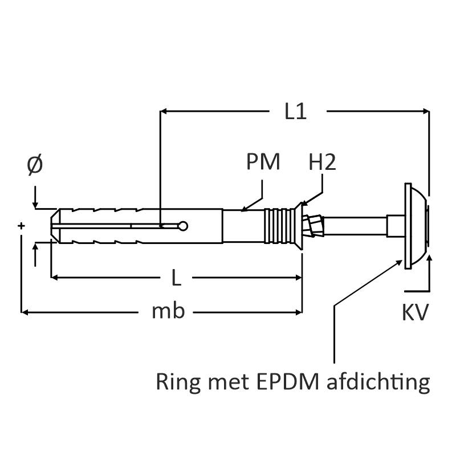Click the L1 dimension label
pos(296,112)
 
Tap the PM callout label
pos(263,162)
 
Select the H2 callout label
pos(323,162)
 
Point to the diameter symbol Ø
pos(35,165)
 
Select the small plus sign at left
pos(21,226)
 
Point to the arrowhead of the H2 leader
pos(303,203)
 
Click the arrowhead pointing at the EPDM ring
pos(399,260)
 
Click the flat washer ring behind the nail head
pos(406,226)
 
